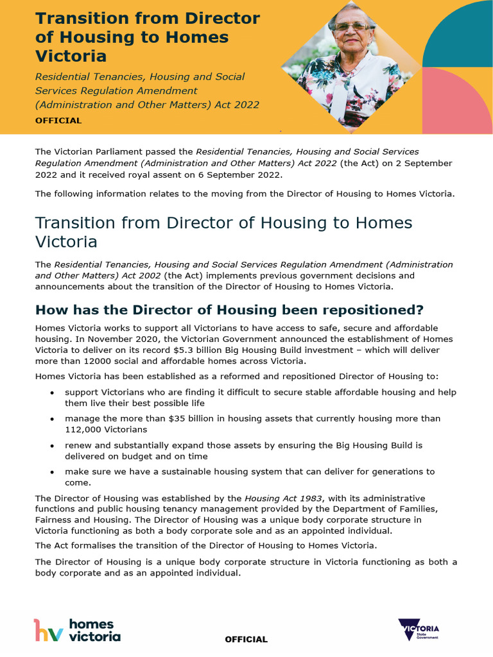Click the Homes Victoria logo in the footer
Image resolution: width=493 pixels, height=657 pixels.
[77, 630]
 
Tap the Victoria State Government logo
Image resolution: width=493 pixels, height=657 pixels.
[419, 630]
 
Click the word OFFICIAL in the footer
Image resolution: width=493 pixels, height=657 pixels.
[246, 640]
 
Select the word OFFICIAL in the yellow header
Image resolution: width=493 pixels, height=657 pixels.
[58, 121]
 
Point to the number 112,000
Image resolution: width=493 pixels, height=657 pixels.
[85, 429]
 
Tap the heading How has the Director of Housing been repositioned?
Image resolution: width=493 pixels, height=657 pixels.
[229, 310]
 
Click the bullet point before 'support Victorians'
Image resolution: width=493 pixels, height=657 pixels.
[51, 392]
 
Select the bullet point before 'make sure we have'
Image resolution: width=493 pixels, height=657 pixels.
[51, 472]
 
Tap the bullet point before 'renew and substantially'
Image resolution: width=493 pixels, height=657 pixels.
[51, 445]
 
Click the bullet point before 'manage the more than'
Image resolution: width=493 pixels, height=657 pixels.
[51, 418]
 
